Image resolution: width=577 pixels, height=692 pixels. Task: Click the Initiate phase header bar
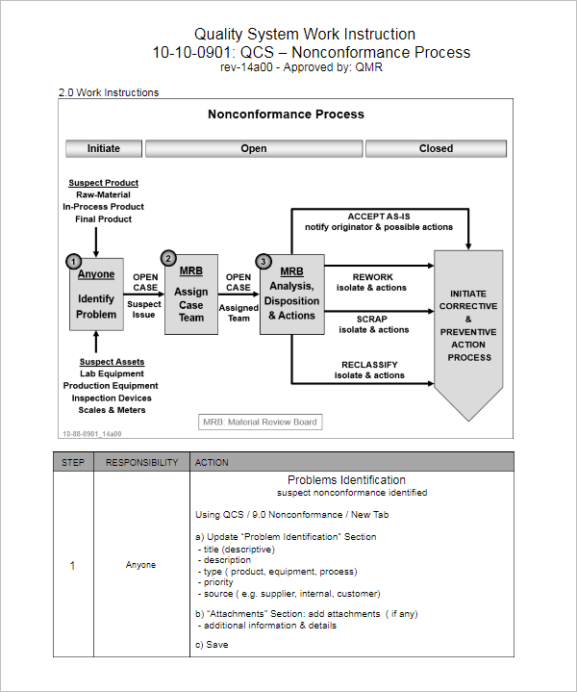[104, 148]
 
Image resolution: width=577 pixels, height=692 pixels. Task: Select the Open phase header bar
[254, 148]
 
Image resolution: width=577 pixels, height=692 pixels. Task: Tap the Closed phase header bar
[436, 148]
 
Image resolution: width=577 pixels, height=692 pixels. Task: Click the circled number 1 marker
[73, 262]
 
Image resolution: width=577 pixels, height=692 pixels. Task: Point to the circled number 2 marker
[168, 258]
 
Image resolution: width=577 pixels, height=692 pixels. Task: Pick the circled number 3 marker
[263, 262]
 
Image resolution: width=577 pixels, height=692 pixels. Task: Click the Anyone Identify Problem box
[96, 299]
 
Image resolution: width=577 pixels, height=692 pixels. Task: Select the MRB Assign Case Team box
[191, 299]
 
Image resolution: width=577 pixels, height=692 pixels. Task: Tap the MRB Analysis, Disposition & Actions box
[291, 299]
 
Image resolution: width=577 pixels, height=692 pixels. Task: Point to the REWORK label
[373, 276]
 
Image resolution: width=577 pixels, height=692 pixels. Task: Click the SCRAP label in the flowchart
[372, 319]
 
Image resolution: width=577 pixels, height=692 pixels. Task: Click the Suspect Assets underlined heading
[112, 362]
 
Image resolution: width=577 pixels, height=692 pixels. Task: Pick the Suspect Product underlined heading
[103, 183]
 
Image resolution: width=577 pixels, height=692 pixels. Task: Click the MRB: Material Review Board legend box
[259, 422]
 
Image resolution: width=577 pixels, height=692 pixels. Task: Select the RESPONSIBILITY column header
[141, 462]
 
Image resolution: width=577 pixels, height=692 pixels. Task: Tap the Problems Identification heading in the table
[346, 479]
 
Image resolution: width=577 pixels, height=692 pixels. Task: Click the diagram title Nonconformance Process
[286, 115]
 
